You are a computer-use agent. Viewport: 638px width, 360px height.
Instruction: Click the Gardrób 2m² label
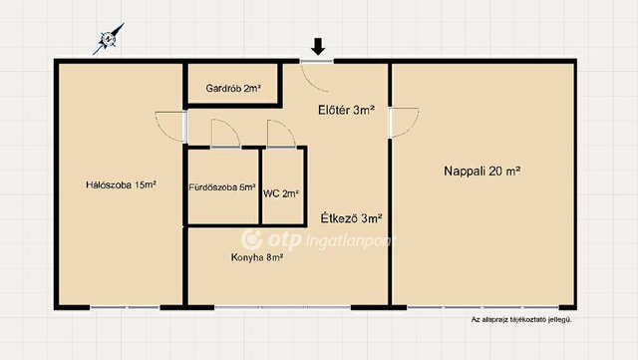click(x=233, y=88)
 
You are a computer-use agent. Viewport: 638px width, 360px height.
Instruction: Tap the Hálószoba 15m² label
click(x=122, y=184)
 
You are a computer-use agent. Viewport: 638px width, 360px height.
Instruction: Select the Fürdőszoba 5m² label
click(x=222, y=187)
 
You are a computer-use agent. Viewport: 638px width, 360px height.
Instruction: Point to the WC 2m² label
click(x=281, y=193)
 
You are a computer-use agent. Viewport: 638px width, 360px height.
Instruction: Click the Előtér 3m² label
click(x=346, y=110)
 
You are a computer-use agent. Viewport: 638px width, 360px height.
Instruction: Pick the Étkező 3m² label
click(x=352, y=218)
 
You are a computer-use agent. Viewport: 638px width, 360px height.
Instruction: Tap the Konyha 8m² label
click(x=257, y=257)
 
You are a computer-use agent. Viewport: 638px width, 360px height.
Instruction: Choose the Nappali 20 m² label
click(x=482, y=172)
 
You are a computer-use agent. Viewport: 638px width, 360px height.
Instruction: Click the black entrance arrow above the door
click(x=318, y=46)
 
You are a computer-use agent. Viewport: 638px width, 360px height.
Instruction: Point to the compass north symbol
click(x=109, y=39)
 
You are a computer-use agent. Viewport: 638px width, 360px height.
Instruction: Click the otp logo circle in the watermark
click(x=252, y=239)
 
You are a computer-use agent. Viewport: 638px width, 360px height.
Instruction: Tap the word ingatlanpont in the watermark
click(x=350, y=241)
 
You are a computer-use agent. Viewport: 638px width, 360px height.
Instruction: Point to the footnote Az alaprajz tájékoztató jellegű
click(x=521, y=320)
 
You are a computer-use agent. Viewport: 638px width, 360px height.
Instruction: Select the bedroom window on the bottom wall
click(x=125, y=307)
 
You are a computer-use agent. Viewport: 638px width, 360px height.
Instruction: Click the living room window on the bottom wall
click(x=482, y=307)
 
